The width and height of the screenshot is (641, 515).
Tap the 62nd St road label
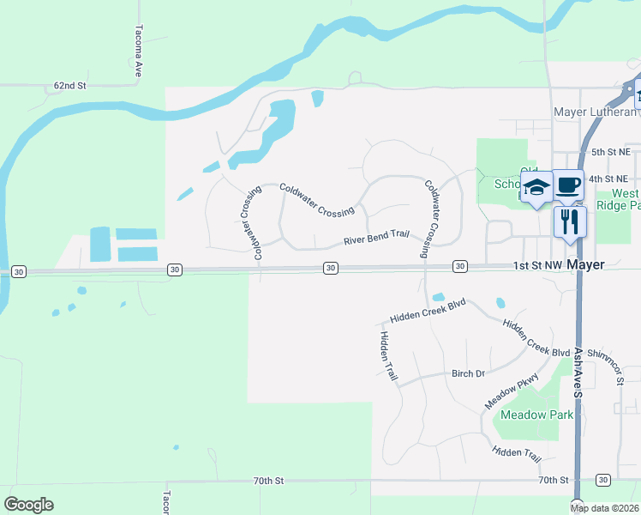tap(70, 86)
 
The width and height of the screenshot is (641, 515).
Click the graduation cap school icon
tap(536, 187)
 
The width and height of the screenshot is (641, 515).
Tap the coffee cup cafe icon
tap(568, 185)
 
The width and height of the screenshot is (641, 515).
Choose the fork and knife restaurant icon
tap(570, 221)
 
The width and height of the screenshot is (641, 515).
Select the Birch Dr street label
tap(468, 374)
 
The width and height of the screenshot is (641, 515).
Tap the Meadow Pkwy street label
tap(512, 391)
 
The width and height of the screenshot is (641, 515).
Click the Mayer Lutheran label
tap(596, 112)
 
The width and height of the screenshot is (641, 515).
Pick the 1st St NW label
tap(538, 266)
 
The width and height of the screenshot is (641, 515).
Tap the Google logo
tap(28, 505)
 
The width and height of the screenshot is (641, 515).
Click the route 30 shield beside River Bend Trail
tap(330, 269)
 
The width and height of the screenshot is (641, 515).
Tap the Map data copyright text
tap(605, 508)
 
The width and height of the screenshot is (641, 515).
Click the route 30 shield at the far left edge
tap(20, 271)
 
